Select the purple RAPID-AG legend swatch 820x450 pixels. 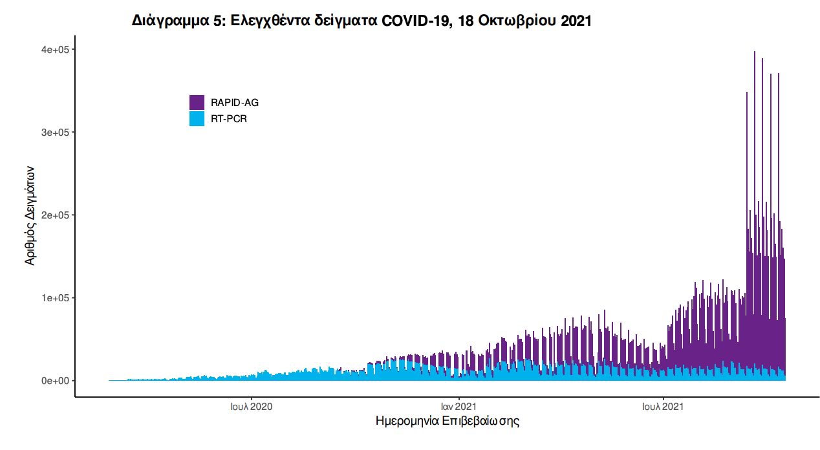coord(197,102)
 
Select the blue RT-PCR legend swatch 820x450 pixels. coord(197,119)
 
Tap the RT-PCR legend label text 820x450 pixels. coord(229,119)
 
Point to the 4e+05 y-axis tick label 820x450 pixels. coord(55,50)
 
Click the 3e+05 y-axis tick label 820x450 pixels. coord(55,133)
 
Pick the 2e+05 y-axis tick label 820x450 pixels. coord(55,215)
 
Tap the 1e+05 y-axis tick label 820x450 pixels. coord(55,298)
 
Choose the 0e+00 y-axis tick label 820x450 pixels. coord(55,381)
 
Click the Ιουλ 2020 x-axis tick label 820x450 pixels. coord(251,407)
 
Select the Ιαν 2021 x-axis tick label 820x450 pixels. coord(459,407)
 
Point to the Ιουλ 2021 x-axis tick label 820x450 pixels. coord(664,407)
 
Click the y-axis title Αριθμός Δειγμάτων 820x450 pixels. coord(30,215)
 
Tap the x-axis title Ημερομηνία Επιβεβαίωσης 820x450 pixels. coord(448,422)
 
